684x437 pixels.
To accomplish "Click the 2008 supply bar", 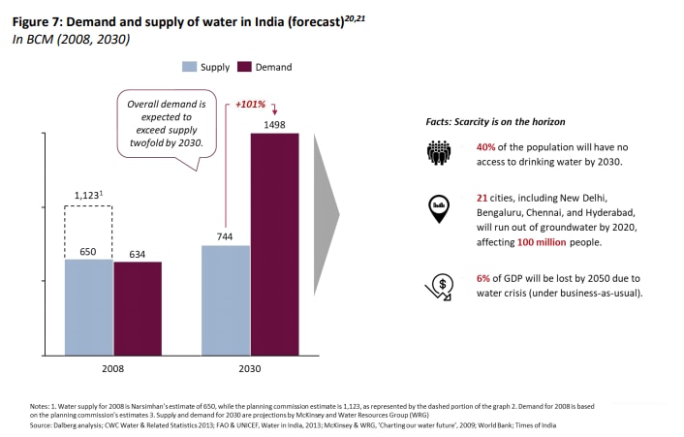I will [x=89, y=306].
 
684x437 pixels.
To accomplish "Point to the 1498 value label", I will [x=275, y=125].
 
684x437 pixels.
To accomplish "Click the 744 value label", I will [x=226, y=236].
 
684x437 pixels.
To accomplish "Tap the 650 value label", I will [x=89, y=250].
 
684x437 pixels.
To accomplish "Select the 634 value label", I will [x=138, y=253].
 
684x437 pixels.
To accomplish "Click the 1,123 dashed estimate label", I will [x=88, y=195].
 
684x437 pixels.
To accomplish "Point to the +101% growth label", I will [x=251, y=103].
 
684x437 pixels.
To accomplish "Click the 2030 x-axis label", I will [x=250, y=369].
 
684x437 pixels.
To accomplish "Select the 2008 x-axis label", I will [x=113, y=369].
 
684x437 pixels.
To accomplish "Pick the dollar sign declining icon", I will [x=439, y=285].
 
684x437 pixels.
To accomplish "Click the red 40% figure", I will [x=486, y=146].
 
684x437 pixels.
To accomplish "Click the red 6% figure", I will [x=483, y=277].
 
